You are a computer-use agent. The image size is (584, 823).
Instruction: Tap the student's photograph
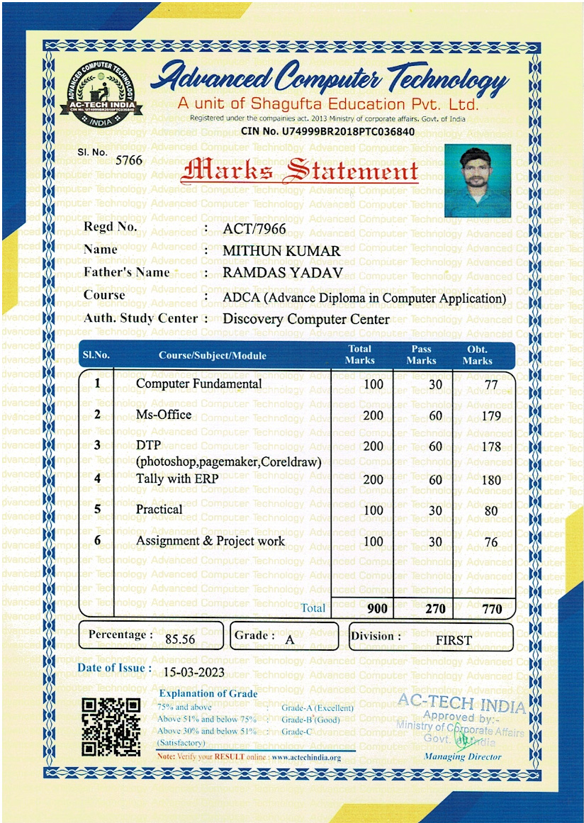478,180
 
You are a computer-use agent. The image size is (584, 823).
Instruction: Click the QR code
111,727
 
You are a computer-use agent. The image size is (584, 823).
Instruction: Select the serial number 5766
129,160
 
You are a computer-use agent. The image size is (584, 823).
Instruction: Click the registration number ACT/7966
254,228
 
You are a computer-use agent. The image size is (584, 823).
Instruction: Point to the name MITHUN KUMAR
281,251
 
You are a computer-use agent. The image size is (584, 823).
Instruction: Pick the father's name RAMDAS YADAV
283,273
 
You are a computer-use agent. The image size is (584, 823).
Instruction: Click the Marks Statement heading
300,172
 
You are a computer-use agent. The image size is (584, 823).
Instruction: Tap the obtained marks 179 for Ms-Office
491,416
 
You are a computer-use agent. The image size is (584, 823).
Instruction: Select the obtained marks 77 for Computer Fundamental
491,386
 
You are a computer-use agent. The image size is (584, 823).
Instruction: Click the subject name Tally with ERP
177,478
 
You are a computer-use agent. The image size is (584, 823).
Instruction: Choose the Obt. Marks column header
477,355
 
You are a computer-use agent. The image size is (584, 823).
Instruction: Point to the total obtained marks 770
491,609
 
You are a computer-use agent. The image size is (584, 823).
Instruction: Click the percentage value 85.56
180,639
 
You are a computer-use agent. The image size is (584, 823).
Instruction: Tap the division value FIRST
454,639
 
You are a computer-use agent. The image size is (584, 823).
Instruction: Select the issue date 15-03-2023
193,673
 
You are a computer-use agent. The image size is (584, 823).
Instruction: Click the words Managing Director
462,756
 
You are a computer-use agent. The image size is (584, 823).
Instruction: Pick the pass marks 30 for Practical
435,510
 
